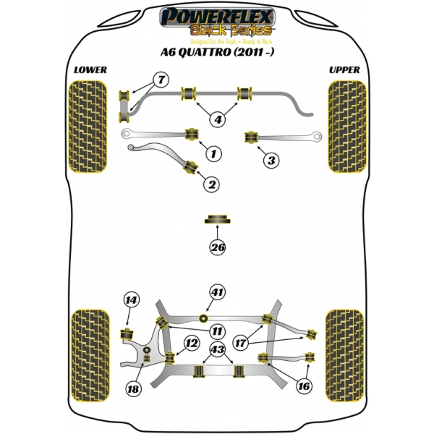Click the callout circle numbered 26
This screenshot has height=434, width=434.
tap(218, 247)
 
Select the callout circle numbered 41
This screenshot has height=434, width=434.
tap(218, 293)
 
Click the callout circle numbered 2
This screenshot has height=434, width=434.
tap(211, 186)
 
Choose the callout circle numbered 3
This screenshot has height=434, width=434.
tap(270, 161)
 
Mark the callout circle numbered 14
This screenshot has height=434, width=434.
tap(131, 300)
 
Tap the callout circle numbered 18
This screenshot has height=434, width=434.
tap(132, 389)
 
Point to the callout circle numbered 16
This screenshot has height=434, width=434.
tap(304, 387)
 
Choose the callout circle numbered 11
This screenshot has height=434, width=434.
tap(217, 331)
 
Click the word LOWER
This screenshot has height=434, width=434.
tap(90, 70)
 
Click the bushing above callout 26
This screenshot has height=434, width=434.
tap(218, 218)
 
